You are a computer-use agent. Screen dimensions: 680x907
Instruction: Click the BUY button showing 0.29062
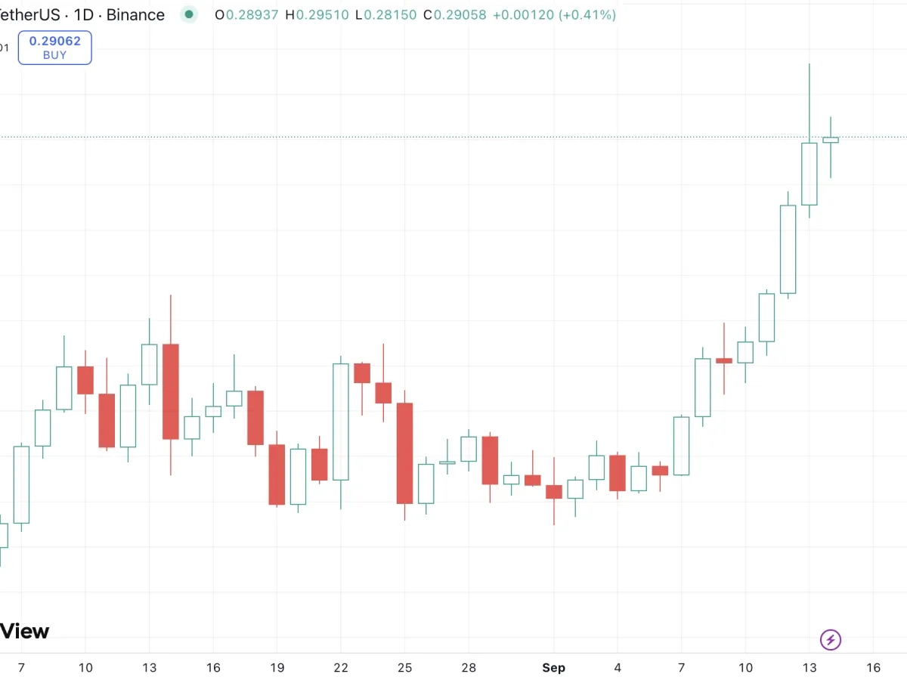[54, 48]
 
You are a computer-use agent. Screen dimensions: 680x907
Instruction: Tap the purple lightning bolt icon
[831, 641]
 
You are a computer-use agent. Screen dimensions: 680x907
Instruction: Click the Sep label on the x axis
[553, 668]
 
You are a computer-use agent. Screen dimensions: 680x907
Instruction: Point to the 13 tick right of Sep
[809, 668]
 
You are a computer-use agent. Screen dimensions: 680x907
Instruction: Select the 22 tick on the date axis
[341, 668]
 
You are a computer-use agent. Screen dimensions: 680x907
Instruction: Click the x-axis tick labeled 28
[469, 668]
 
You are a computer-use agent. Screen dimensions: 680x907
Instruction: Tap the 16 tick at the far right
[873, 668]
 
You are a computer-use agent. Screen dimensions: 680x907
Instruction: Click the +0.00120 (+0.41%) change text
[554, 14]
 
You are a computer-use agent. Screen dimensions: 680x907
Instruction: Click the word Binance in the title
[135, 14]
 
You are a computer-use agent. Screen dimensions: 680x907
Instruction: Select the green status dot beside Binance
[189, 14]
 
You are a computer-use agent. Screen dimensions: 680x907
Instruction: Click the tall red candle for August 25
[405, 453]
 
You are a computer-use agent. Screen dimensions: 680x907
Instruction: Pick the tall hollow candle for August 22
[341, 422]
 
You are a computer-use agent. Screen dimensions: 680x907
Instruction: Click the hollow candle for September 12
[788, 249]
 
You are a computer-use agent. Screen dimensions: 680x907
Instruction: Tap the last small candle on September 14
[831, 140]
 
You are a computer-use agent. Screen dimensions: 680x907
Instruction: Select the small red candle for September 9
[724, 361]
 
